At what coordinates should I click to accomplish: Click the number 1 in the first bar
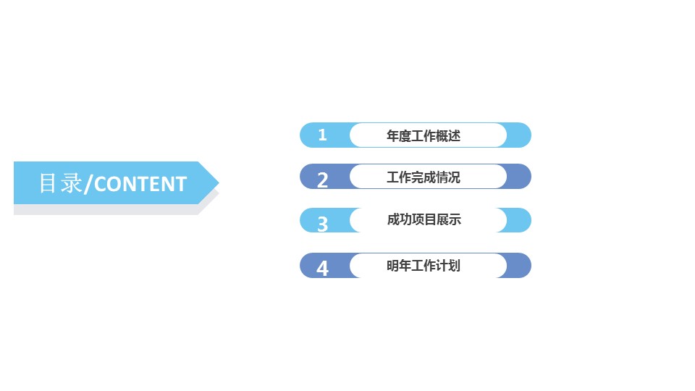pos(323,135)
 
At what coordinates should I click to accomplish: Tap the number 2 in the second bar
pos(323,180)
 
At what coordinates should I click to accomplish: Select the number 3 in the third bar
pos(323,224)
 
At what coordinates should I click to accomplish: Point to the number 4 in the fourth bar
pos(323,269)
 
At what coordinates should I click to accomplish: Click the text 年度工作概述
pos(424,135)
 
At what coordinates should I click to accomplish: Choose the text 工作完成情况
pos(424,177)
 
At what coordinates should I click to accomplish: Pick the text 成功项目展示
pos(424,219)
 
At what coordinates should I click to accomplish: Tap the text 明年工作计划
pos(424,266)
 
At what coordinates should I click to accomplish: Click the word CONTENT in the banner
pos(140,184)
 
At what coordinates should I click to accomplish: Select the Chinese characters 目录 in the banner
pos(61,183)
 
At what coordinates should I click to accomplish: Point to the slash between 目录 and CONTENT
pos(88,185)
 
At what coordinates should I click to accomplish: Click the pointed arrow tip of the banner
pos(214,182)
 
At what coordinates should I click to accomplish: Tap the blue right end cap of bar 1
pos(519,135)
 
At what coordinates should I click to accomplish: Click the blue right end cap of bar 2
pos(519,177)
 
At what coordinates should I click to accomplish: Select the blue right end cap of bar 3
pos(519,220)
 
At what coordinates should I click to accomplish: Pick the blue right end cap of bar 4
pos(519,265)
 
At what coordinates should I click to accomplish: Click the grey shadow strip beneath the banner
pos(101,209)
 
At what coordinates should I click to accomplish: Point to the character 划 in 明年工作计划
pos(454,266)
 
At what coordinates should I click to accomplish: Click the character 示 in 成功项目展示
pos(455,219)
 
